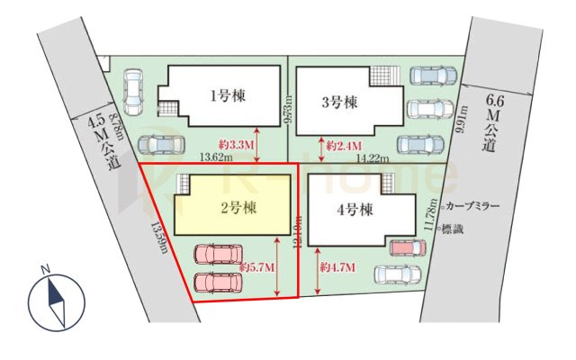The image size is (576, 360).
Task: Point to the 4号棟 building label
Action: (x=354, y=213)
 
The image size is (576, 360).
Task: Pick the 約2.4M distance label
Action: (x=344, y=145)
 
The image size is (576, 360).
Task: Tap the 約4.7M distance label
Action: (x=337, y=267)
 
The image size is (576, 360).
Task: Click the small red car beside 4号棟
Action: (x=402, y=246)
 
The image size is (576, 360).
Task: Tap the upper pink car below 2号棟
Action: (x=215, y=255)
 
